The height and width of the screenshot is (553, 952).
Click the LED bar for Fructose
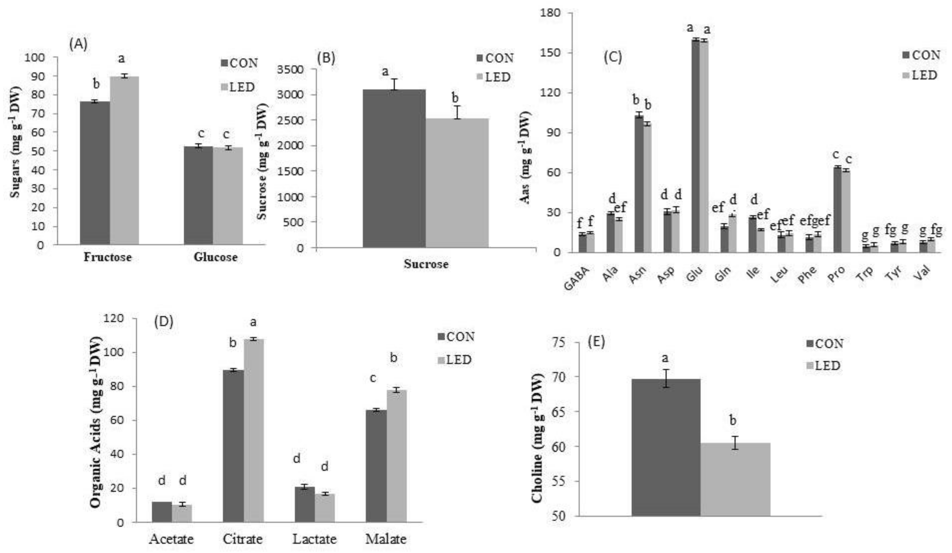pos(124,160)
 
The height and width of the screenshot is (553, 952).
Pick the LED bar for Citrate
pos(254,431)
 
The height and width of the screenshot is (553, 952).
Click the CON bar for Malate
pos(376,466)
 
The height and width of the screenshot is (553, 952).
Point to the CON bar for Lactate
pos(305,505)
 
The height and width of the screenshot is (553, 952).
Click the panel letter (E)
pos(597,341)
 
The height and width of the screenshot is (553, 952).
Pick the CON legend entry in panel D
pos(456,336)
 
